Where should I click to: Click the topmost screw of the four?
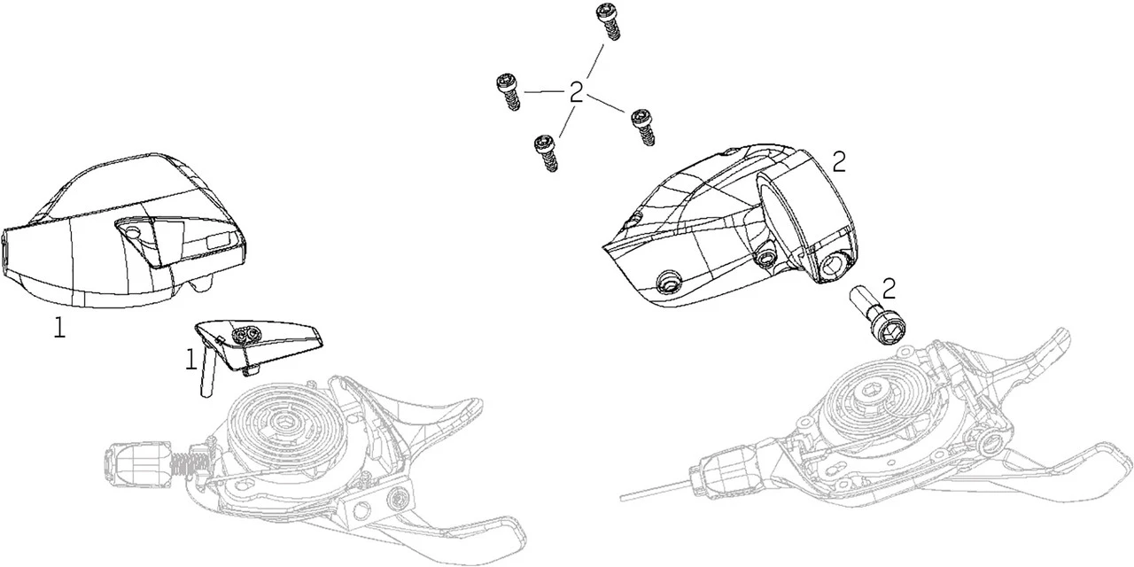[x=608, y=22]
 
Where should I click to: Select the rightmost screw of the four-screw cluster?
[x=644, y=127]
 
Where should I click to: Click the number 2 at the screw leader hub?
[x=576, y=93]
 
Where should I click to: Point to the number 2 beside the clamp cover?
[x=839, y=162]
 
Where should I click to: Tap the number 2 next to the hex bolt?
[x=889, y=289]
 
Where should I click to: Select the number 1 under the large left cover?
[x=59, y=328]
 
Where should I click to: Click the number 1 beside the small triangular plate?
[x=190, y=360]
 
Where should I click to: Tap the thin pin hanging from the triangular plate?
[x=207, y=369]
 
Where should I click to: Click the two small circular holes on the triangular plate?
[x=245, y=334]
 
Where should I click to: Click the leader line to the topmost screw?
[x=594, y=61]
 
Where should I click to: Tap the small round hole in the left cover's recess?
[x=133, y=232]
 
